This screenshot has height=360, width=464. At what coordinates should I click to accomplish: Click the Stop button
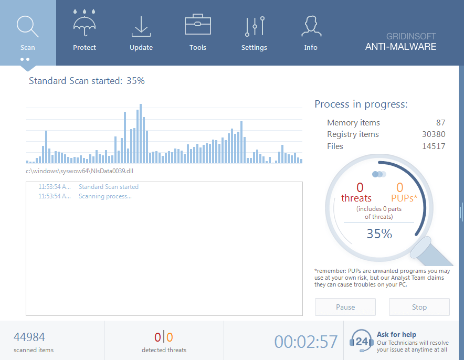(419, 307)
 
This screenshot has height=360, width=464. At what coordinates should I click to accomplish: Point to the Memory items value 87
(440, 123)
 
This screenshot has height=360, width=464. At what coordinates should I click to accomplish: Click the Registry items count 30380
(433, 134)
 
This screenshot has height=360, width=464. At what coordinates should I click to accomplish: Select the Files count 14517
(433, 146)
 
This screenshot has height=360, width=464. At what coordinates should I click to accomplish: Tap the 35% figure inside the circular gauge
(379, 234)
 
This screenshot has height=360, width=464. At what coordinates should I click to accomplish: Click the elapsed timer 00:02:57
(306, 342)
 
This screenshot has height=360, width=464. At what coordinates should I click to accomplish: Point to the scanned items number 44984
(29, 337)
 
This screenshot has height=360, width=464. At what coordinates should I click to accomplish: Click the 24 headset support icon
(361, 341)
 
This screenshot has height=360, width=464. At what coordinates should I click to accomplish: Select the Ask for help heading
(396, 334)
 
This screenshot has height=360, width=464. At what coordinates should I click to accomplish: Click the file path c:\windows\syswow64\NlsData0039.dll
(76, 171)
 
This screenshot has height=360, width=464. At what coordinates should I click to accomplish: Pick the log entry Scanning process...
(105, 196)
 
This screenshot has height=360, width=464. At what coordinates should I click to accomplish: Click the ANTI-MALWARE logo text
(400, 47)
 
